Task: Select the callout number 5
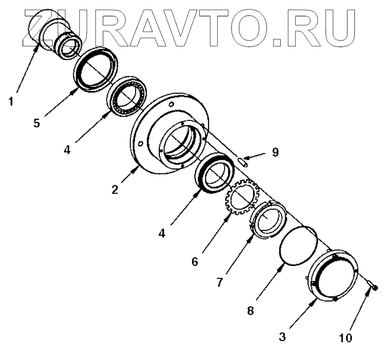point(36,122)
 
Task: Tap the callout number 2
point(115,189)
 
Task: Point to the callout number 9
point(275,152)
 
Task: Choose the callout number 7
point(221,282)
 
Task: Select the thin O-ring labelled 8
point(299,246)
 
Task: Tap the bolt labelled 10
point(374,288)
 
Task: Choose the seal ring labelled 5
point(96,69)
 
